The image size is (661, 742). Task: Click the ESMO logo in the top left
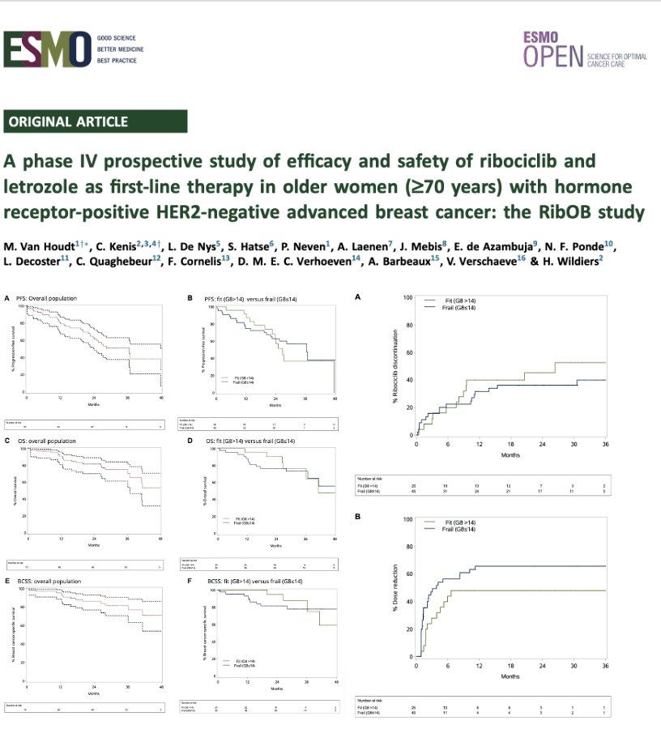(47, 50)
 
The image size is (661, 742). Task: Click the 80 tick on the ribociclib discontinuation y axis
(409, 326)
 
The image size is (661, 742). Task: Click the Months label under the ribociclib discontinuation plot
(510, 454)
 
